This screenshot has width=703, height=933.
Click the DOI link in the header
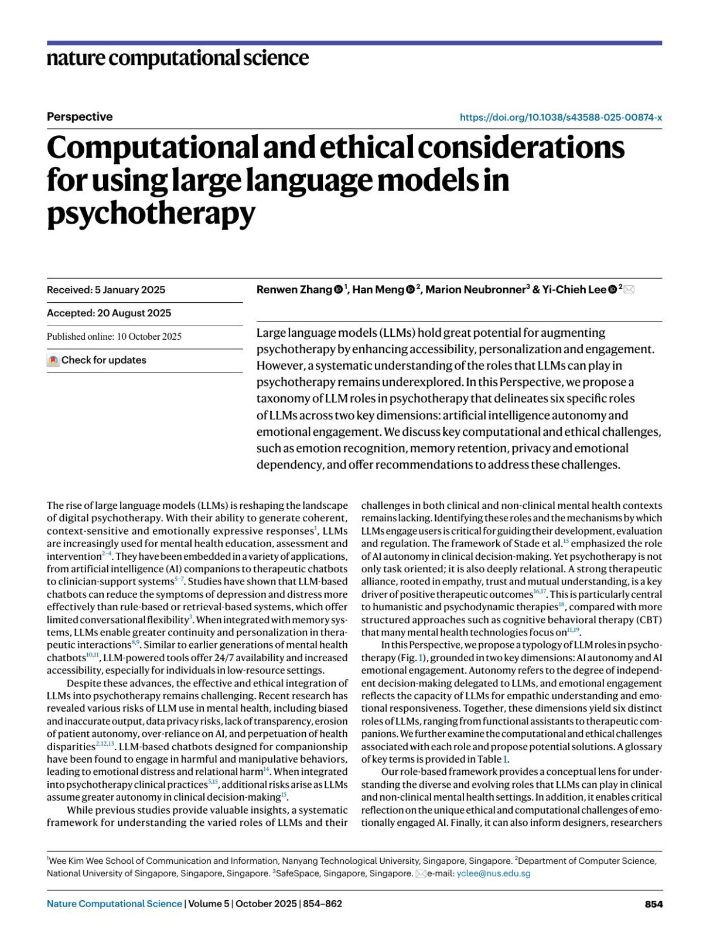[x=561, y=117]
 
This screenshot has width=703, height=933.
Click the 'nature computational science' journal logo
[x=178, y=58]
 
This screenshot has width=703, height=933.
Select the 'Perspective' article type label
[x=80, y=117]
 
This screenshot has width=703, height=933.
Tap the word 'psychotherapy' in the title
[x=151, y=213]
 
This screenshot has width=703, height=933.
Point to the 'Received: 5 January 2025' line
[x=106, y=290]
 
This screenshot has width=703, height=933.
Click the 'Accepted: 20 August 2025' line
[x=109, y=313]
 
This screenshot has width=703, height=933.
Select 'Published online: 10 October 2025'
[x=114, y=337]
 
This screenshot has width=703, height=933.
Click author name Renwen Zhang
[x=294, y=290]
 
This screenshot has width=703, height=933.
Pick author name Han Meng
[x=378, y=290]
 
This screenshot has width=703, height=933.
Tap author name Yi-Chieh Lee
[x=574, y=290]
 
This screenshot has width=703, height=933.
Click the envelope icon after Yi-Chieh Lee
[x=629, y=289]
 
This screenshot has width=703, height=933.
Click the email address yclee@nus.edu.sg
[x=493, y=873]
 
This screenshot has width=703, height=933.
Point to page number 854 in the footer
[x=653, y=904]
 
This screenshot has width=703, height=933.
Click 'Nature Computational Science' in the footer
[x=114, y=904]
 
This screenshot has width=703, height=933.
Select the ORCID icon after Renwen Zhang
[x=339, y=290]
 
